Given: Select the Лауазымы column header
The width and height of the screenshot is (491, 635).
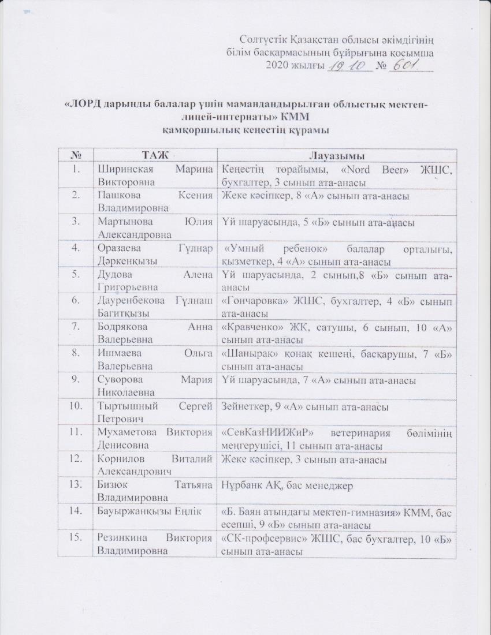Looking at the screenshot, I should click(x=334, y=155).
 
